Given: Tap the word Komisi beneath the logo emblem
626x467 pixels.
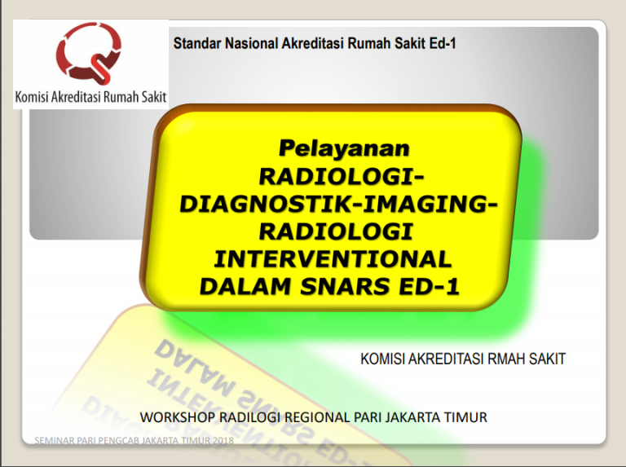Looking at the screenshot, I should pos(36,98).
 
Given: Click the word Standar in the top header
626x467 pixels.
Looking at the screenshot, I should pos(196,44).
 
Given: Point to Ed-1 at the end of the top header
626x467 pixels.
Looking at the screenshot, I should pos(439,44).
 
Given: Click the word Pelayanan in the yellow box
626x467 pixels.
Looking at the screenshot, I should pos(342,148).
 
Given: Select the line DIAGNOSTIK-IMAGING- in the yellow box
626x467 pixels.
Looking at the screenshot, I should pos(336,204).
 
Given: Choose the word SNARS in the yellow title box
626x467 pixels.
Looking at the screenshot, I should pos(335,286).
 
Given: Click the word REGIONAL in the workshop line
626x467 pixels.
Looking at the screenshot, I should pos(313,418).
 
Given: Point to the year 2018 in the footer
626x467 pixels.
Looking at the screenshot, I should pos(220,441).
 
